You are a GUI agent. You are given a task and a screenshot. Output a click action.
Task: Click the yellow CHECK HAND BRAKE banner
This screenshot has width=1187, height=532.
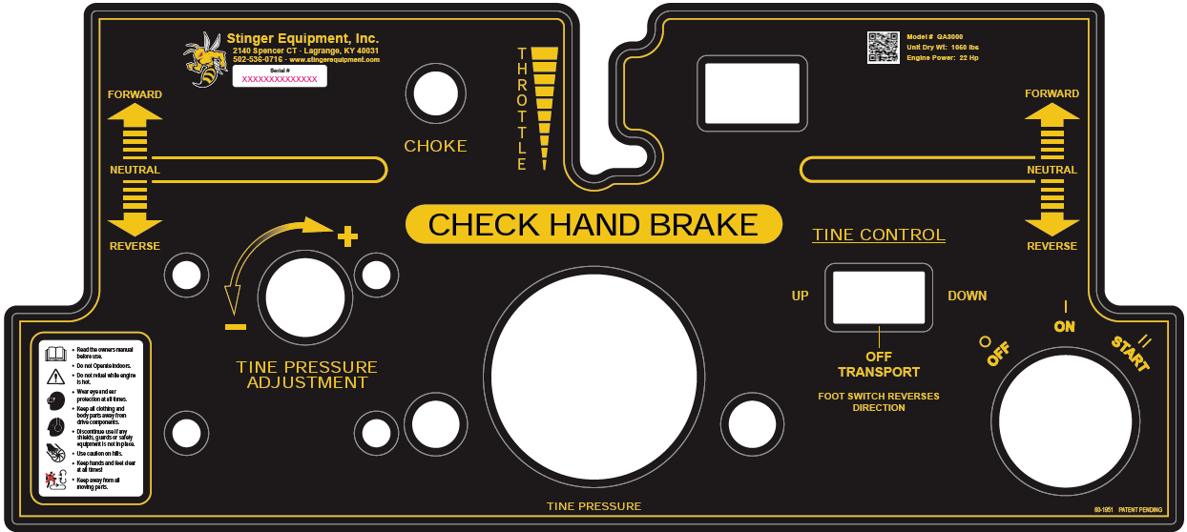(x=593, y=224)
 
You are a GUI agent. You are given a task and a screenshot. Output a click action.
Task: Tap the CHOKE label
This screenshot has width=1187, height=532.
(x=435, y=146)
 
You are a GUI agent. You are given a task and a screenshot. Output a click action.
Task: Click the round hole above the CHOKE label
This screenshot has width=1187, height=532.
(x=435, y=94)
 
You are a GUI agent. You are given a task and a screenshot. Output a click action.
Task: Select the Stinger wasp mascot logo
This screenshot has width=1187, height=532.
(x=206, y=58)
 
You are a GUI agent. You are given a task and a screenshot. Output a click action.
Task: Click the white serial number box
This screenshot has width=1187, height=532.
(x=280, y=76)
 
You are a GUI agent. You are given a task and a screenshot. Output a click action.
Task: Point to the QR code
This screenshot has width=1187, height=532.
(x=883, y=48)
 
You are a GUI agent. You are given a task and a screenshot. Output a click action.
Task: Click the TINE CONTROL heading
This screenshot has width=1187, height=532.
(x=879, y=235)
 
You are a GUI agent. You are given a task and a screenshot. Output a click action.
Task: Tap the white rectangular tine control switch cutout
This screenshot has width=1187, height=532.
(x=879, y=297)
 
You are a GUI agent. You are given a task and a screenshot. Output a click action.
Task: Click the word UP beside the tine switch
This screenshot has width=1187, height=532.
(x=800, y=296)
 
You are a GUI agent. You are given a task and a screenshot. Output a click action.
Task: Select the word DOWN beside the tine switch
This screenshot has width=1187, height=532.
(x=967, y=296)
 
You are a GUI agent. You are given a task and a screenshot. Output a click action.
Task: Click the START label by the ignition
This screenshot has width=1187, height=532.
(x=1130, y=354)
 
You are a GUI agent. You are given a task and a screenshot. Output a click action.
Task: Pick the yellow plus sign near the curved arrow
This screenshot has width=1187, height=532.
(x=347, y=234)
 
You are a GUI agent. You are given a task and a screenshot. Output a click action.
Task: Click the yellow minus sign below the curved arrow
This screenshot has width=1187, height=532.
(x=236, y=327)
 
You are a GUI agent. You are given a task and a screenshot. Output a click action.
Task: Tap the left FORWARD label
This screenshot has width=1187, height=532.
(x=135, y=94)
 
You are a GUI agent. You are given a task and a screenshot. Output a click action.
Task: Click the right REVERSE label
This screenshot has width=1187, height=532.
(x=1052, y=246)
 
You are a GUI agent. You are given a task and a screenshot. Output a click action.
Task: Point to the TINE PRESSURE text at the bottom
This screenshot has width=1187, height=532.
(x=593, y=506)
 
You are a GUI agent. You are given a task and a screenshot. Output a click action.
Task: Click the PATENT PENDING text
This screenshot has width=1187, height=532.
(x=1140, y=510)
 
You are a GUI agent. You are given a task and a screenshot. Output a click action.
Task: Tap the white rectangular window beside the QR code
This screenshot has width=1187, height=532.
(x=752, y=93)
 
